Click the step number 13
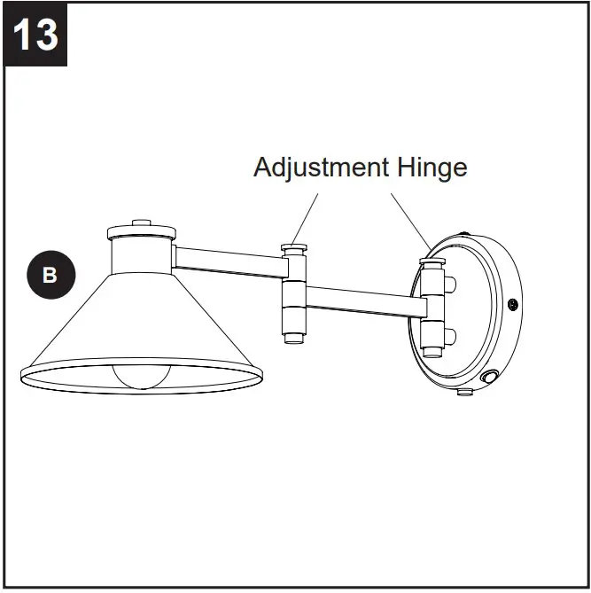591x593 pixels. click(36, 35)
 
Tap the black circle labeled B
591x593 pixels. click(51, 275)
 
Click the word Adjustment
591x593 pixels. click(321, 167)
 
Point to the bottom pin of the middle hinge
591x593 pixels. click(294, 338)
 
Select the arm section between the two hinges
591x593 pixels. click(363, 300)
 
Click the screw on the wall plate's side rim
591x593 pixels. click(512, 305)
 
